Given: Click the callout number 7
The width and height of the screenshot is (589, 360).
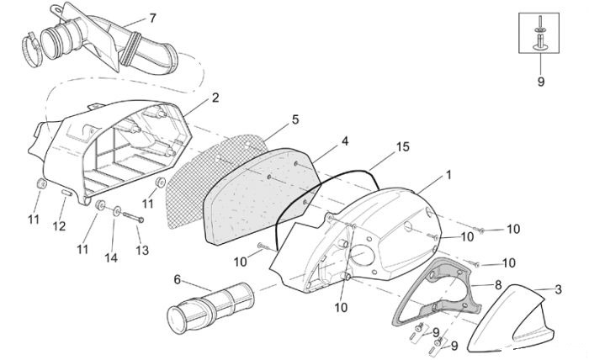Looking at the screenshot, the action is click(x=152, y=18).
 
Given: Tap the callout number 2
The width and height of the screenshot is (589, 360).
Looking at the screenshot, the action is click(x=215, y=98).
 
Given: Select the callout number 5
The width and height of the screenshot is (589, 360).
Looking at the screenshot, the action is click(x=295, y=119).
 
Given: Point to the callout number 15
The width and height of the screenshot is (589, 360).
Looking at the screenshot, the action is click(x=403, y=147).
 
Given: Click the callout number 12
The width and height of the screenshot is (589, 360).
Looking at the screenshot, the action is click(x=60, y=226).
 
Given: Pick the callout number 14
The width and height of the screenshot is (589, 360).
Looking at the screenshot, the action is click(x=111, y=257).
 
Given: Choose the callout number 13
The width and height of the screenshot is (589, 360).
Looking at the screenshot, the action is click(x=142, y=250).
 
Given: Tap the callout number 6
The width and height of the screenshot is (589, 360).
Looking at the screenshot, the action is click(x=178, y=279).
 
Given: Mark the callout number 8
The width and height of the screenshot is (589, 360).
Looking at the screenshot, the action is click(x=498, y=285).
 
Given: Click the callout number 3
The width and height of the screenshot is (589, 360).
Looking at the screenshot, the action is click(x=559, y=289).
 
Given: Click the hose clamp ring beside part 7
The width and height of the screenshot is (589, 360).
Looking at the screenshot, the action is click(x=31, y=49).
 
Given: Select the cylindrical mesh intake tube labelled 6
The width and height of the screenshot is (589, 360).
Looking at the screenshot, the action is click(x=210, y=307).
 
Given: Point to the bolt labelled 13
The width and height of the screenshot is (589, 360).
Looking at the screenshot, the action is click(x=133, y=217).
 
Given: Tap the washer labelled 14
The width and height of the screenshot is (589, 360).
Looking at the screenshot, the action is click(x=117, y=211).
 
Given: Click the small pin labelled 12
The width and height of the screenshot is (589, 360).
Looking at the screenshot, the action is click(x=66, y=193).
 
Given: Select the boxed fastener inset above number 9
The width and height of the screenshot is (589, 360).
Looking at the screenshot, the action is click(x=539, y=33).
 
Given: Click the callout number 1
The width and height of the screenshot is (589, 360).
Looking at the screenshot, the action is click(x=448, y=175).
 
